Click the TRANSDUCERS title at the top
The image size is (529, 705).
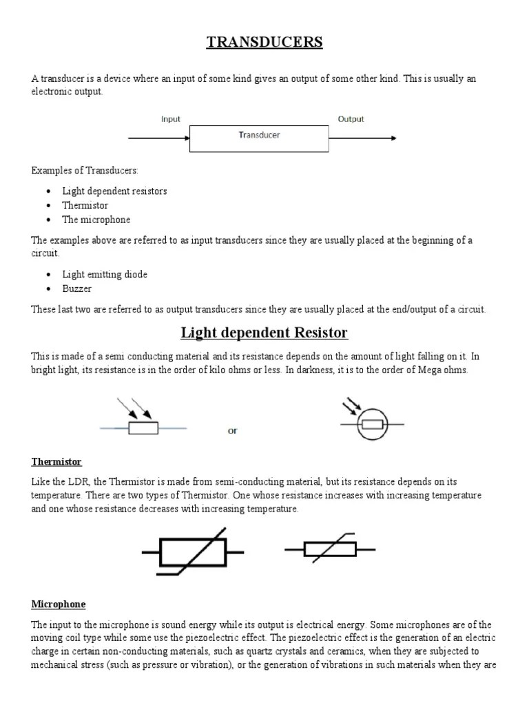(x=264, y=43)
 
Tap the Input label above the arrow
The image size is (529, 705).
(x=171, y=119)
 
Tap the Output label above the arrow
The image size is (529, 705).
(x=351, y=119)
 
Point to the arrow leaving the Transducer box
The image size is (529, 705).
(x=362, y=138)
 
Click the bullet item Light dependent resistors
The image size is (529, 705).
(x=114, y=191)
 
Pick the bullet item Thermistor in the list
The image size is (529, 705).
(x=85, y=205)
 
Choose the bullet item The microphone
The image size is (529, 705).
(x=96, y=220)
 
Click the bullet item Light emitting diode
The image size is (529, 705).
(x=105, y=274)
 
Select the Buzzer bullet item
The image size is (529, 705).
(x=76, y=288)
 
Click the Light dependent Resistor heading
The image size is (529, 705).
(x=264, y=333)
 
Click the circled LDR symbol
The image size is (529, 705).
(x=372, y=423)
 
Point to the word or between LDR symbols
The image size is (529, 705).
(x=233, y=431)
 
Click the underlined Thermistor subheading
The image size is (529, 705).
(x=56, y=461)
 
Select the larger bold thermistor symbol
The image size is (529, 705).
(x=192, y=552)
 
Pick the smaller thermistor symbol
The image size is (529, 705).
(x=330, y=549)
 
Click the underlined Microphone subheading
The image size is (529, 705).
(x=59, y=604)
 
